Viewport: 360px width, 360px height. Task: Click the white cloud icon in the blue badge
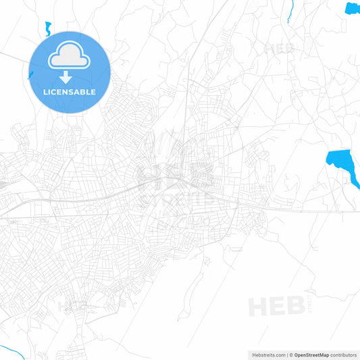pos(70,57)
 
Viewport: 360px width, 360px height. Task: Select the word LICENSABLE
pos(70,91)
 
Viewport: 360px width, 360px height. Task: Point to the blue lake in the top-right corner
pos(353,8)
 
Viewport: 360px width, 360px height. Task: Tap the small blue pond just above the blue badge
pos(48,28)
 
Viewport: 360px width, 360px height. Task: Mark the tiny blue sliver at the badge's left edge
pos(30,74)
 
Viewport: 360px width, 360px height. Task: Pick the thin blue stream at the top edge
pos(290,10)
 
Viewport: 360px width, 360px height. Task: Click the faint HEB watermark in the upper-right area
pos(279,49)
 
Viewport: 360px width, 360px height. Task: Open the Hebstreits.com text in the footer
pos(269,354)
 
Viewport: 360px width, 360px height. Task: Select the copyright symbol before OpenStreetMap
pos(291,354)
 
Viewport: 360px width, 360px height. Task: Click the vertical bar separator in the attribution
pos(287,354)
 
